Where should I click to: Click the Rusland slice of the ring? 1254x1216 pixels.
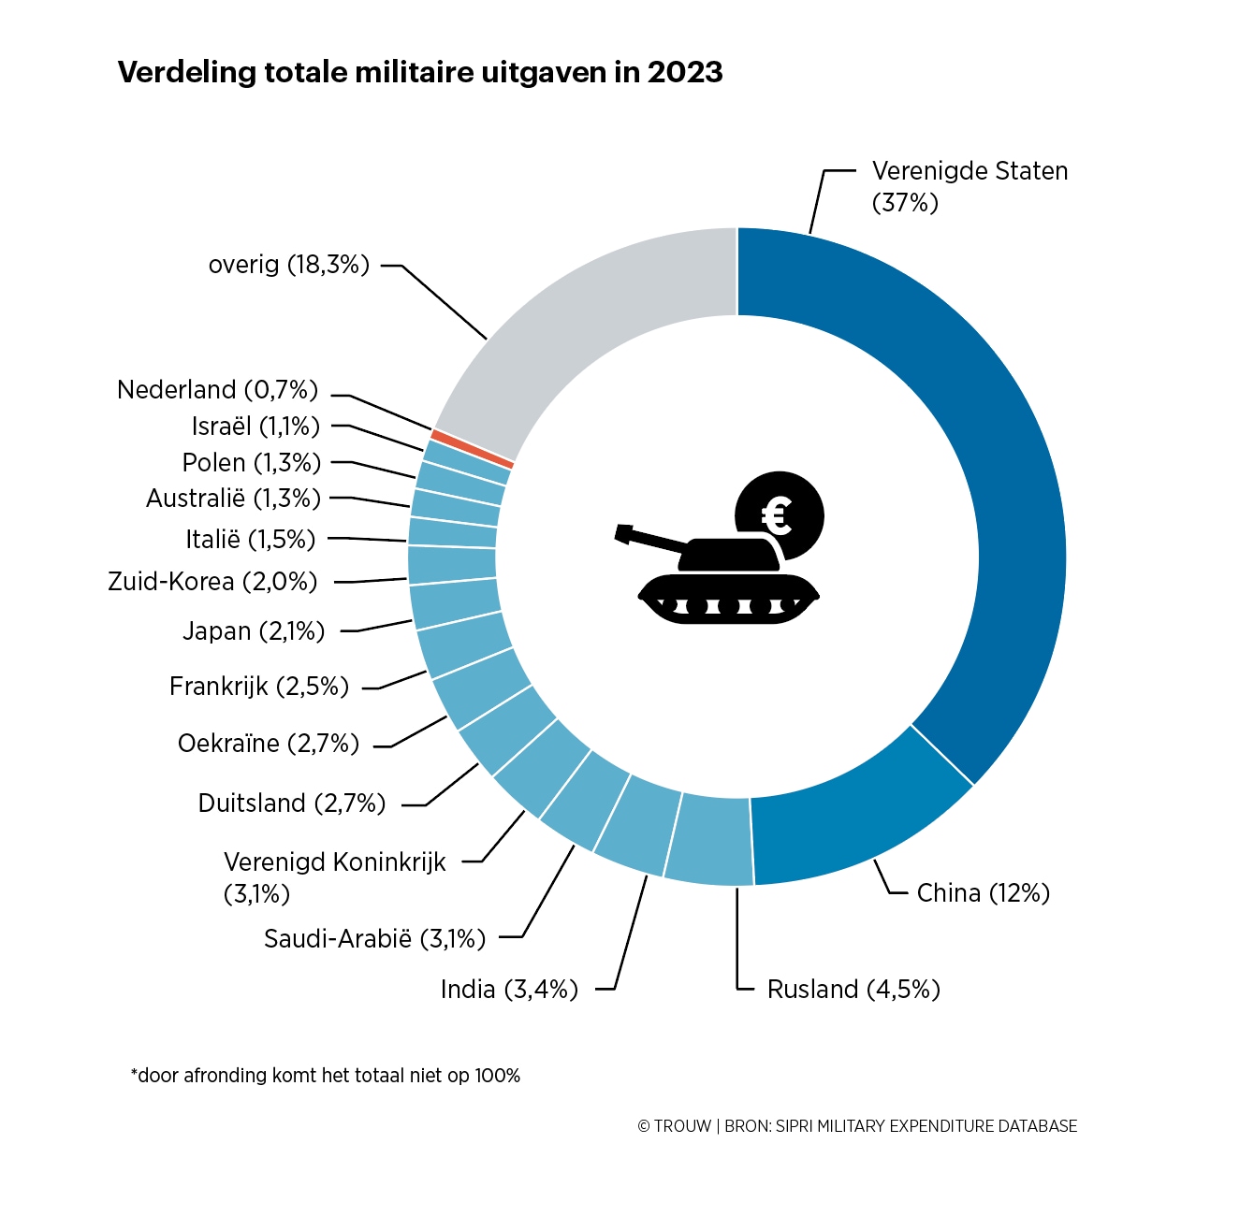pos(709,839)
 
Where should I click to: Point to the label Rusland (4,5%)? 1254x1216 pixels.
pos(853,990)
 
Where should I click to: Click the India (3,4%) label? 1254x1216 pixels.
pos(509,990)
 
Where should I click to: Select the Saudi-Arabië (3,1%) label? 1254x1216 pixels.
pos(374,938)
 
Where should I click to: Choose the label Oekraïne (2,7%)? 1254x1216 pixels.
pos(269,744)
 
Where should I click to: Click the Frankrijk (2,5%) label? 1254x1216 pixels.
pos(258,687)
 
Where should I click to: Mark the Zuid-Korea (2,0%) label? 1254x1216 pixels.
pos(212,582)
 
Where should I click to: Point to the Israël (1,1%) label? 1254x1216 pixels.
pos(255,427)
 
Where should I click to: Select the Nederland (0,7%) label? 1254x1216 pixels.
pos(217,390)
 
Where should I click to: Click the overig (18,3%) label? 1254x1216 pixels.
pos(289,265)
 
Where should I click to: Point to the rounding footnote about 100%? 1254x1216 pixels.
pos(326,1076)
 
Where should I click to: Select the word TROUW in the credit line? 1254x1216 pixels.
pos(682,1126)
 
